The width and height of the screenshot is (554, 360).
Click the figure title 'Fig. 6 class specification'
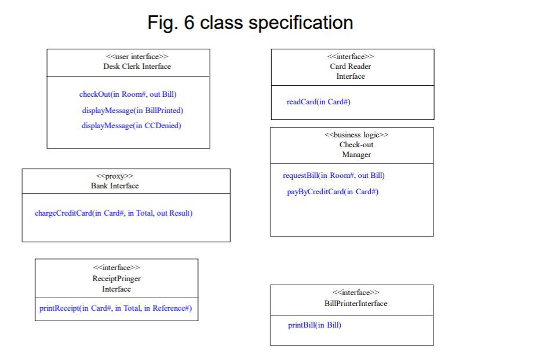click(250, 23)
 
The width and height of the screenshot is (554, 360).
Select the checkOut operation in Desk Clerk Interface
click(127, 94)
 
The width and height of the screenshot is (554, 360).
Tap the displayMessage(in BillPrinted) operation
click(133, 110)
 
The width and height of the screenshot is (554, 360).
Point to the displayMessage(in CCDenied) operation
click(131, 126)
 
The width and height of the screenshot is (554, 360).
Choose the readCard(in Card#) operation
click(318, 102)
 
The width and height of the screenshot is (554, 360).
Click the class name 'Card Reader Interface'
click(351, 71)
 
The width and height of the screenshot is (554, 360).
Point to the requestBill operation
click(333, 176)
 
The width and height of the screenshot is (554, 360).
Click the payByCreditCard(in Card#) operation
click(333, 192)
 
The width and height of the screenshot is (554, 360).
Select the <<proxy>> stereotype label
click(115, 176)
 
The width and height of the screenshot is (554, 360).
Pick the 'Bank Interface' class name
click(115, 186)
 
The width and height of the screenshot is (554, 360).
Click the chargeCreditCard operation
click(114, 213)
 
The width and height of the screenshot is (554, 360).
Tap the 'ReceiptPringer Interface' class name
click(116, 283)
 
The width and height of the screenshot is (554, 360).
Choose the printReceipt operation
click(115, 308)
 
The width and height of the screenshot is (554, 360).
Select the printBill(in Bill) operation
click(315, 325)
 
